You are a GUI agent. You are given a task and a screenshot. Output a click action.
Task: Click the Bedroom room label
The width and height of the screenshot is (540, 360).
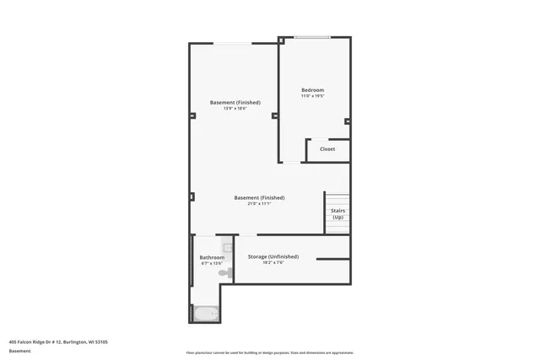pyautogui.click(x=312, y=90)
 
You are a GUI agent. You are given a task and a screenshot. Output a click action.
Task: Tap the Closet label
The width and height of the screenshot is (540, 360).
pyautogui.click(x=327, y=149)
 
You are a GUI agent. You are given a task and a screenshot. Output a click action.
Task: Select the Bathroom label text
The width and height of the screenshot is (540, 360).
pyautogui.click(x=212, y=257)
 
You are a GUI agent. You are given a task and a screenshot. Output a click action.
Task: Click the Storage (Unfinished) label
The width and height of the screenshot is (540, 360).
pyautogui.click(x=273, y=255)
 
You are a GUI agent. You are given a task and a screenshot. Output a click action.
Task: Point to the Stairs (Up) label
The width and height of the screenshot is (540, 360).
pyautogui.click(x=337, y=214)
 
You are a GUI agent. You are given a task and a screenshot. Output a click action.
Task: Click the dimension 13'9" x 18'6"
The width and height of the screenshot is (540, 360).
pyautogui.click(x=235, y=108)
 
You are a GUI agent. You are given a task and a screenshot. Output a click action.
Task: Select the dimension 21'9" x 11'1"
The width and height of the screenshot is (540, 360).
pyautogui.click(x=259, y=203)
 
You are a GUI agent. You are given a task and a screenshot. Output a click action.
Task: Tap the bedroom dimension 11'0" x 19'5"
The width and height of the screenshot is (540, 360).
pyautogui.click(x=312, y=96)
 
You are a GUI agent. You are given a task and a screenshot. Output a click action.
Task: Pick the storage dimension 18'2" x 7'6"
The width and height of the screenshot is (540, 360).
pyautogui.click(x=273, y=262)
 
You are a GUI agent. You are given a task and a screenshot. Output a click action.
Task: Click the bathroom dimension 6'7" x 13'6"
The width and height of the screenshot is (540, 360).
pyautogui.click(x=212, y=264)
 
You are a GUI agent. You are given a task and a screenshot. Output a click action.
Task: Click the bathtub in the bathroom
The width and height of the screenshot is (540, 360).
pyautogui.click(x=206, y=314)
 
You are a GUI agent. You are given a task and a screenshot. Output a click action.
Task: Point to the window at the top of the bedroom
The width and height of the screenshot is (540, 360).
pyautogui.click(x=311, y=37)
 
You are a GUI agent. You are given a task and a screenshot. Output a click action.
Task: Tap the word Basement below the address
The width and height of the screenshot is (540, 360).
pyautogui.click(x=19, y=351)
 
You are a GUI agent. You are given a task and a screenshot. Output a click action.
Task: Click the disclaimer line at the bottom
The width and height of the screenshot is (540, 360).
pyautogui.click(x=269, y=352)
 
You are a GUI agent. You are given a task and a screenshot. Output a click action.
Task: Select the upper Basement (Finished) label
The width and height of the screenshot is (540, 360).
pyautogui.click(x=235, y=102)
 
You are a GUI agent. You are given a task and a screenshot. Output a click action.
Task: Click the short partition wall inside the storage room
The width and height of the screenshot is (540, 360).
pyautogui.click(x=332, y=259)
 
